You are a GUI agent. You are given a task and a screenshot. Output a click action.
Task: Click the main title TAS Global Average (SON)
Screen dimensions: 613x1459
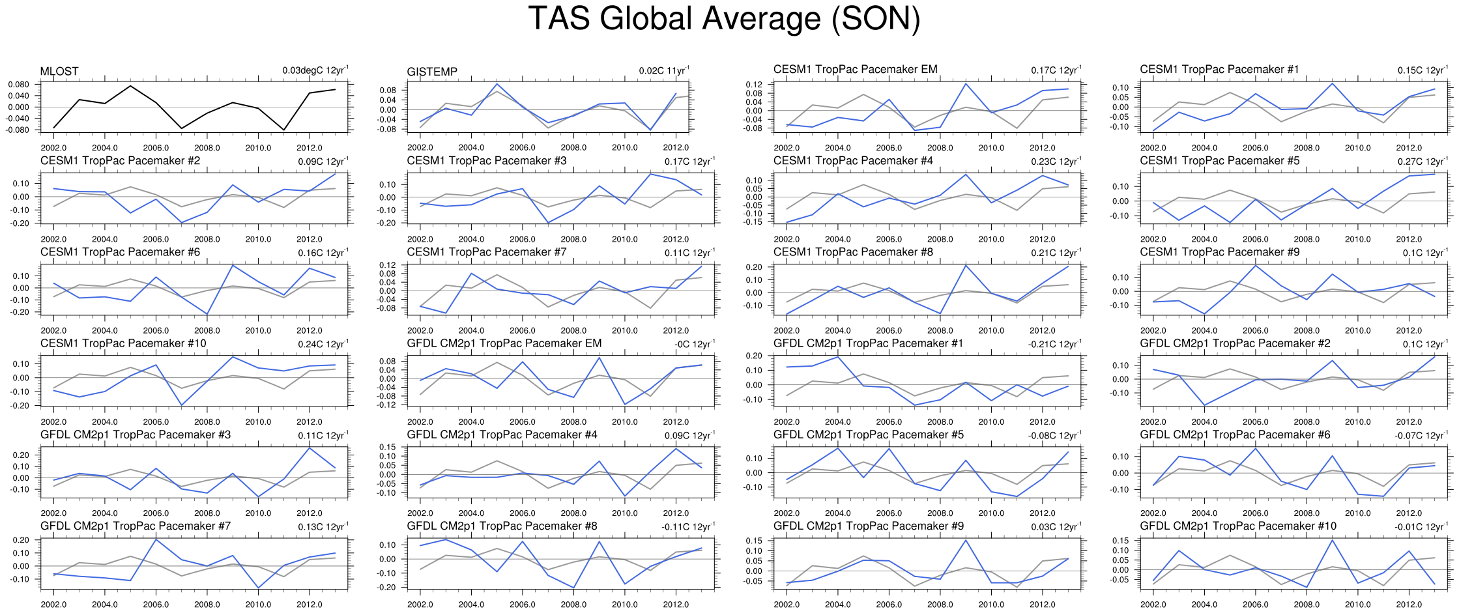tap(723, 18)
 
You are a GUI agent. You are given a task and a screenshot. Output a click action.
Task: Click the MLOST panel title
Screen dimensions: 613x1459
tap(59, 72)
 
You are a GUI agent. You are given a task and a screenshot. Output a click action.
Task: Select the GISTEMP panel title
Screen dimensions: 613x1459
tap(431, 72)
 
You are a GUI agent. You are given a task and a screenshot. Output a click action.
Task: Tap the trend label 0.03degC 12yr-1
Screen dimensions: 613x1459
tap(315, 70)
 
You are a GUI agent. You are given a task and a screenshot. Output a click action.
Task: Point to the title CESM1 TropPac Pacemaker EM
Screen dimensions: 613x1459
tap(855, 69)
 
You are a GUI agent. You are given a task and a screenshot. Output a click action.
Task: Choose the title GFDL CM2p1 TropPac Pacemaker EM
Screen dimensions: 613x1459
tap(504, 343)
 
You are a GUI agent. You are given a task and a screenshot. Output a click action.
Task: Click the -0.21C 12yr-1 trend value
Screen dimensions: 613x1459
tap(1054, 344)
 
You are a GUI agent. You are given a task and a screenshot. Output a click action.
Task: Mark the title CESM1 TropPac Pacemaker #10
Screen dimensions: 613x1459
tap(123, 343)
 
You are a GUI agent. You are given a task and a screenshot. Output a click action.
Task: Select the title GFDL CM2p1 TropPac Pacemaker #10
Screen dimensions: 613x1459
tap(1237, 526)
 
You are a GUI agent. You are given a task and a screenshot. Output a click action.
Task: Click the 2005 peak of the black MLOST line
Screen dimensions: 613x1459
tap(130, 86)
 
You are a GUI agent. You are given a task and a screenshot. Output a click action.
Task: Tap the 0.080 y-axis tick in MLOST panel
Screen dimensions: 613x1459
tap(19, 85)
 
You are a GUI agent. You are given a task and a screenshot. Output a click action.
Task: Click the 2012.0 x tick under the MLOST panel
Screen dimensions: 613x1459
tap(310, 148)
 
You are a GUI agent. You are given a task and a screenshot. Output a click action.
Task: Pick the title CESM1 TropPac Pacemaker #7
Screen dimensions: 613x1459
tap(486, 252)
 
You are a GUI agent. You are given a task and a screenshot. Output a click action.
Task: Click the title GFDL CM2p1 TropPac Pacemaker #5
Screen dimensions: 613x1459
tap(868, 435)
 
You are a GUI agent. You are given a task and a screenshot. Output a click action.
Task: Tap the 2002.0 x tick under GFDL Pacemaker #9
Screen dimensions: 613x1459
tap(787, 605)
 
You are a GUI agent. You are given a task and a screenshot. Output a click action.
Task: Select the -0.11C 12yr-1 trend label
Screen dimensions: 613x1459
tap(687, 526)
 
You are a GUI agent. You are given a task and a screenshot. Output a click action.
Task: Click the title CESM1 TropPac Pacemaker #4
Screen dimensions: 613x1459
tap(853, 160)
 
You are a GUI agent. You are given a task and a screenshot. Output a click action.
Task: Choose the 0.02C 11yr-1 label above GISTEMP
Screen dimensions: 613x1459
tap(663, 70)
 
